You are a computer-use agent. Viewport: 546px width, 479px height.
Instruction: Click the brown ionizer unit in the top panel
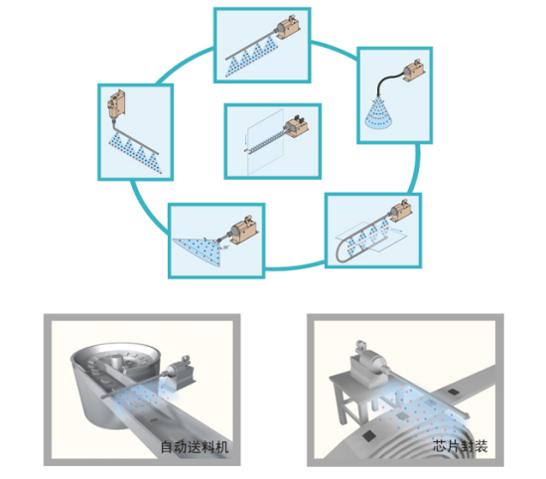tap(288, 26)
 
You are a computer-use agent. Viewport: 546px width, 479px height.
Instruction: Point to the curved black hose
tap(387, 80)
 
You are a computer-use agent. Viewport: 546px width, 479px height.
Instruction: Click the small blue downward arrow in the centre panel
tap(245, 140)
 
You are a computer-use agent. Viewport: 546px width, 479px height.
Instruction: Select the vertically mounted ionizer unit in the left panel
tap(116, 104)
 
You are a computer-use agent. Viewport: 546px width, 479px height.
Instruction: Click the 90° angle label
tap(226, 247)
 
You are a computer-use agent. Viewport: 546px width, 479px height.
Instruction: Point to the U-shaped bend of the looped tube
tap(343, 250)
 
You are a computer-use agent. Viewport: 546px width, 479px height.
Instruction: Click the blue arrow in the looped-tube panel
tap(397, 230)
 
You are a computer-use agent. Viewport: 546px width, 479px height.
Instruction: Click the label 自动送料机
tap(195, 447)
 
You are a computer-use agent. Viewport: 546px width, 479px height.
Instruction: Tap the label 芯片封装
tap(461, 446)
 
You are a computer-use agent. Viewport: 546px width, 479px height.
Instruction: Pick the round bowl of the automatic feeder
tap(115, 380)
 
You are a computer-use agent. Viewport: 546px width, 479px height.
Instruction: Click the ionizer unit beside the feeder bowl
tap(180, 372)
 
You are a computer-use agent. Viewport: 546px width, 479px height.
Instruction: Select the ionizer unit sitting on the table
tap(367, 365)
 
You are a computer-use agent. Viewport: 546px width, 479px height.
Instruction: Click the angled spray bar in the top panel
tap(251, 46)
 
